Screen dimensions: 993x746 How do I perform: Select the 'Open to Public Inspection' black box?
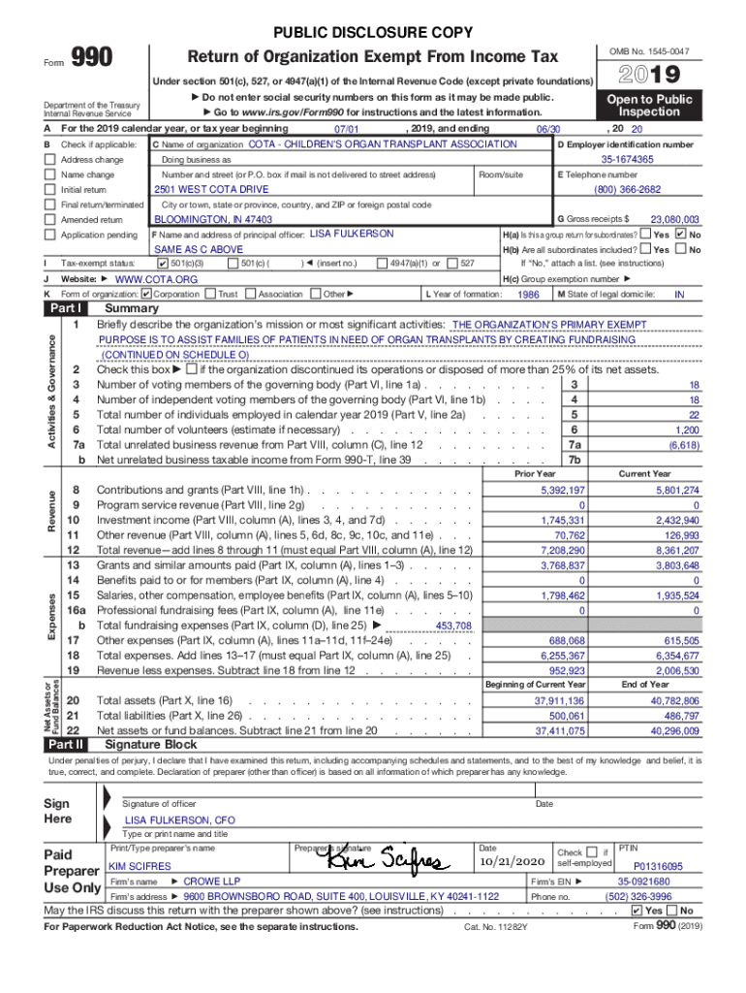649,106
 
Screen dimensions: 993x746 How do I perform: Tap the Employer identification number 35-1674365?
627,159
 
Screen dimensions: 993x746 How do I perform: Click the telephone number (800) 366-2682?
627,190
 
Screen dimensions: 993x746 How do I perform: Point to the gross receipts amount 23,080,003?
674,220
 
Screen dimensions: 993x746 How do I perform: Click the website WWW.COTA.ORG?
156,279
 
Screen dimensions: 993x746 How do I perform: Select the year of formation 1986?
528,294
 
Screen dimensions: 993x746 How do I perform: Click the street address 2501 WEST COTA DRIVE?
211,190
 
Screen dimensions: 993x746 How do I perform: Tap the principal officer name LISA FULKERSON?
351,235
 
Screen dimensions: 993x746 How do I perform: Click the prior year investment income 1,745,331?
561,521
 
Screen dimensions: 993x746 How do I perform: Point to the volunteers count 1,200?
686,430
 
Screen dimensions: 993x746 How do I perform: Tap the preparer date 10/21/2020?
513,862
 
